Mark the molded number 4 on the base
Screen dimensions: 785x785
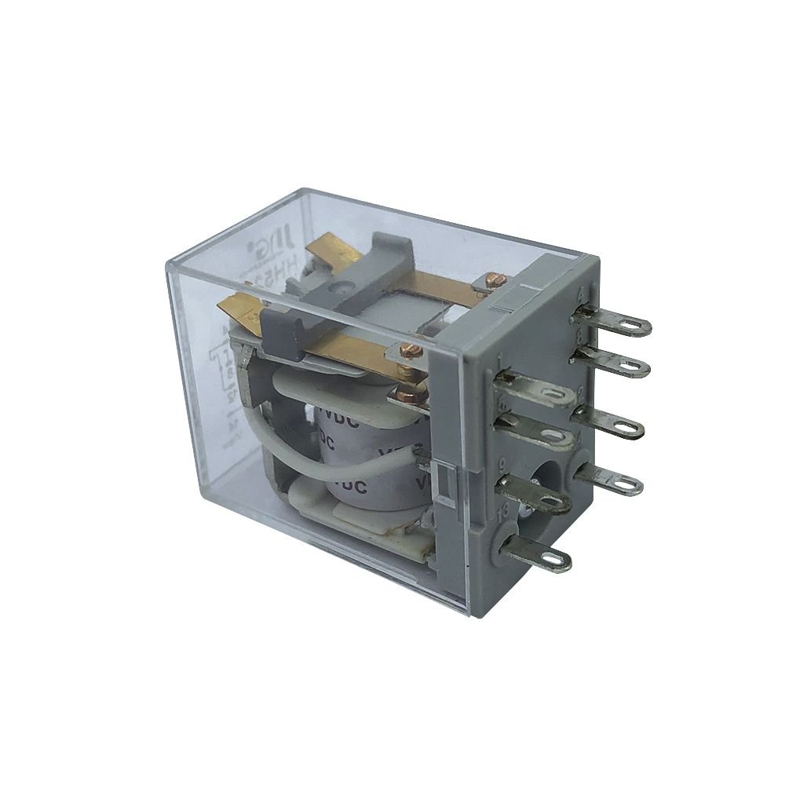click(x=582, y=294)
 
